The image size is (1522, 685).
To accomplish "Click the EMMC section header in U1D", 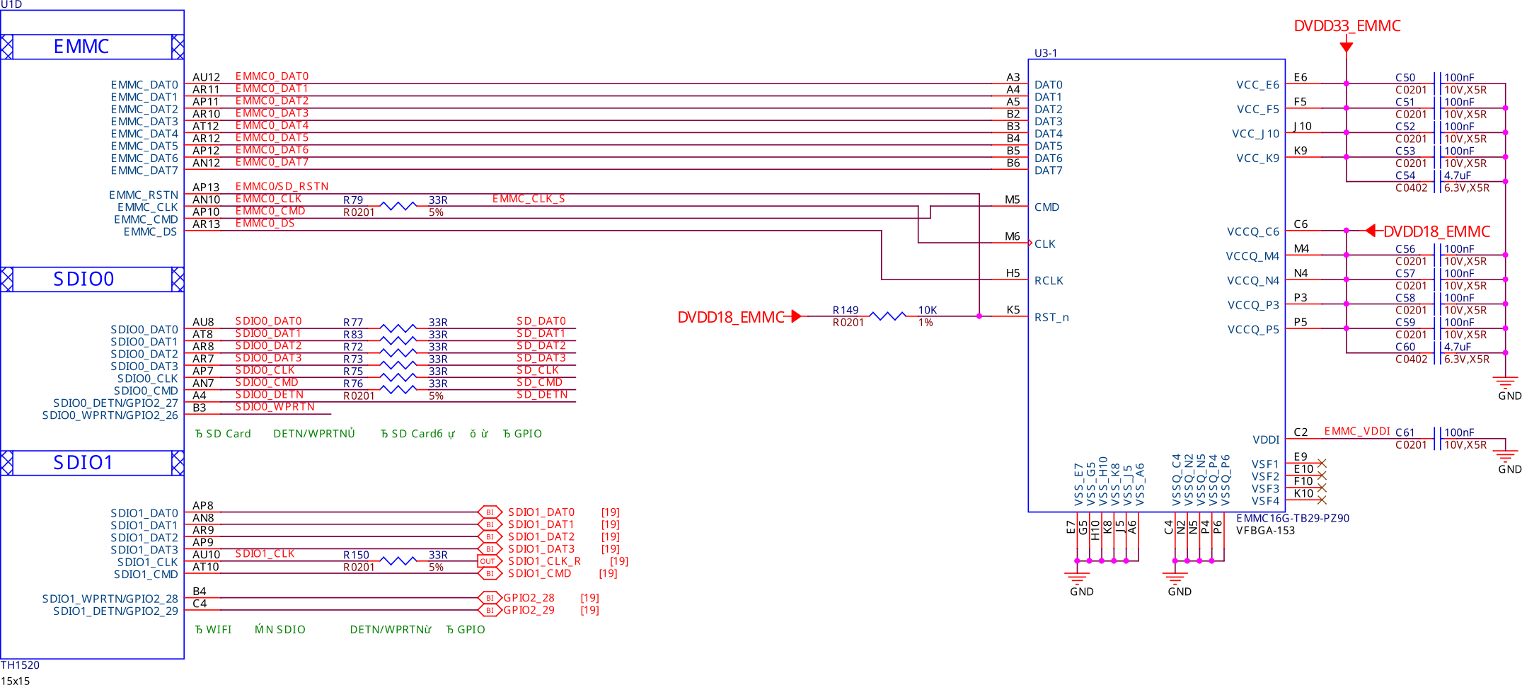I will (x=81, y=47).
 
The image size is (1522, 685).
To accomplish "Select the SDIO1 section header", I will (x=83, y=463).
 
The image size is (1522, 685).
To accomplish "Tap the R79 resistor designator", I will (x=353, y=200).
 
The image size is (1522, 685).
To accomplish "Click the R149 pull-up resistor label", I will (x=846, y=310).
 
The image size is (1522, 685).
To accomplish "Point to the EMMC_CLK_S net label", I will (x=529, y=199).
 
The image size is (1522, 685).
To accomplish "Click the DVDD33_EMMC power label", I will (x=1347, y=26).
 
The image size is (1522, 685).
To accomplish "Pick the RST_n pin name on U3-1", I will (x=1051, y=317).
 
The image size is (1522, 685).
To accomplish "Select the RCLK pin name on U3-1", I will (x=1049, y=280).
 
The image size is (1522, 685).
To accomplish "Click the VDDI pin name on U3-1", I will (x=1266, y=439).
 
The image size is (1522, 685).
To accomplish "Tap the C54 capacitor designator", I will (x=1405, y=175).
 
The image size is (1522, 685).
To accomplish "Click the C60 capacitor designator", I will (x=1405, y=347).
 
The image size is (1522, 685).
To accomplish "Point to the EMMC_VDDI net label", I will (x=1357, y=432).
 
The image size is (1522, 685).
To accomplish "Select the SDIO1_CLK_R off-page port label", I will (x=544, y=561).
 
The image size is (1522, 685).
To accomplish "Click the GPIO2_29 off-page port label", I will (x=529, y=610).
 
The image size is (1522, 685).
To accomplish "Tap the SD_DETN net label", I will (x=542, y=395).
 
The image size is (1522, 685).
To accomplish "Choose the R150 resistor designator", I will (x=356, y=555).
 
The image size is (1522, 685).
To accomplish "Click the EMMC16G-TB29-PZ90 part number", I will (x=1293, y=518).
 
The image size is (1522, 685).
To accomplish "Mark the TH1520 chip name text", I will (x=20, y=665).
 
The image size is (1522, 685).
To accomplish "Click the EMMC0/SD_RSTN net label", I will (x=282, y=187).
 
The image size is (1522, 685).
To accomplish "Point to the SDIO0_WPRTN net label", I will (x=275, y=407).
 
